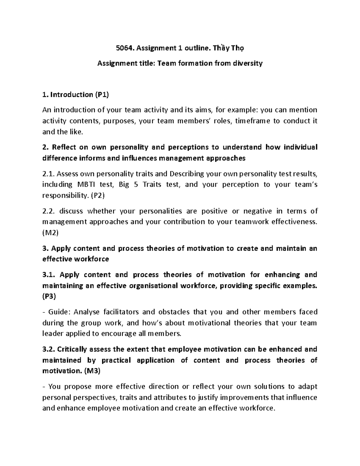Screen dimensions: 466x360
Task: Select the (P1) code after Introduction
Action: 102,95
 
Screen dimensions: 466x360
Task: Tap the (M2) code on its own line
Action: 50,233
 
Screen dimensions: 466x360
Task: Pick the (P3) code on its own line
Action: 49,296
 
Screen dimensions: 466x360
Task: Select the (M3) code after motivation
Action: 92,371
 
